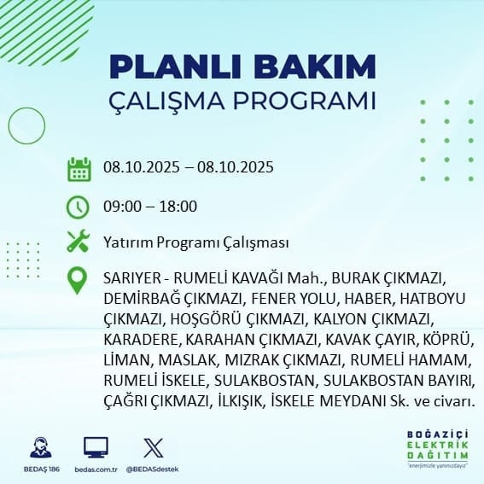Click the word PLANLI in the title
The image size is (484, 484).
[175, 67]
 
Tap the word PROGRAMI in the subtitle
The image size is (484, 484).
[305, 101]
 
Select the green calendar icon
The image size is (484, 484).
[79, 169]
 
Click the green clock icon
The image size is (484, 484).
[78, 207]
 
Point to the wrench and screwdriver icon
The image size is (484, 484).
[79, 241]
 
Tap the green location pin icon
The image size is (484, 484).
[77, 280]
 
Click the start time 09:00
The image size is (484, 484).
[123, 207]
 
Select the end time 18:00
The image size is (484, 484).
[178, 207]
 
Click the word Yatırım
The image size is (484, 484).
[128, 242]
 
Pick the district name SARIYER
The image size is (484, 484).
[132, 278]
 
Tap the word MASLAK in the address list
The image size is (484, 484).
[187, 360]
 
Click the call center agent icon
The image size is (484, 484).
[41, 447]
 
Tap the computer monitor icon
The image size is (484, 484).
[96, 447]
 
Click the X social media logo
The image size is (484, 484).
[154, 448]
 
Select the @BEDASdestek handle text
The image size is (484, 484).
[153, 469]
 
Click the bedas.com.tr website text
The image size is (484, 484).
[96, 469]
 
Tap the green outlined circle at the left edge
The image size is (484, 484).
[9, 126]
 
